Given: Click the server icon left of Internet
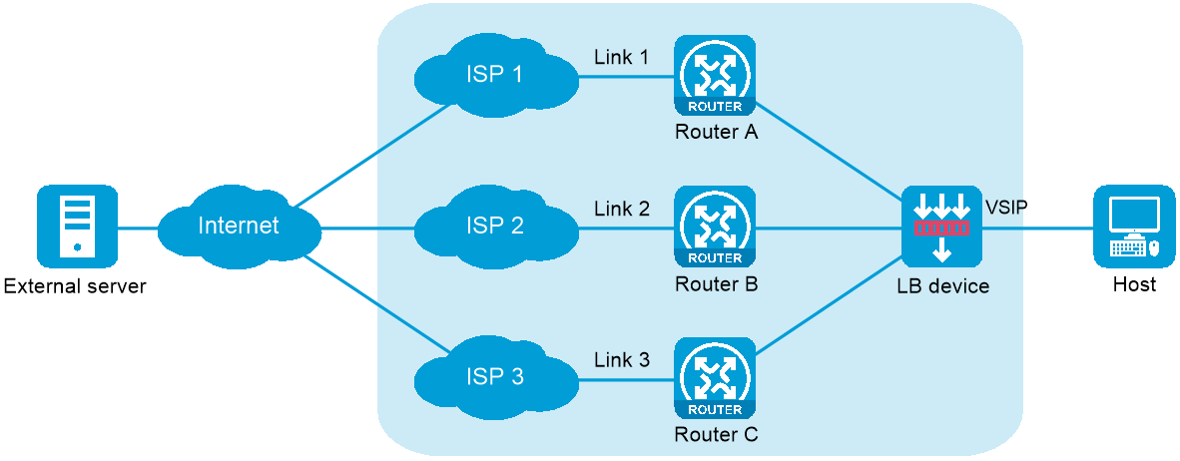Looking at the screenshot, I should pyautogui.click(x=77, y=227).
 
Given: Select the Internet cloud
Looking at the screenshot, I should pyautogui.click(x=240, y=227).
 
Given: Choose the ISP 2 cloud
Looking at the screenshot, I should pyautogui.click(x=495, y=227).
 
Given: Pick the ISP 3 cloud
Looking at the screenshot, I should pyautogui.click(x=495, y=378).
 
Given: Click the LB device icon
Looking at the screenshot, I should pyautogui.click(x=941, y=227).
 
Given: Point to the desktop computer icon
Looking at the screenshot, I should pyautogui.click(x=1133, y=227).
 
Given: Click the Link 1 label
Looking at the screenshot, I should pyautogui.click(x=622, y=57).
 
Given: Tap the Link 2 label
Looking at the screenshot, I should pyautogui.click(x=622, y=209).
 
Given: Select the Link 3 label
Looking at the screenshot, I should pyautogui.click(x=622, y=360).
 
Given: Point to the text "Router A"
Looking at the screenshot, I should pyautogui.click(x=716, y=133).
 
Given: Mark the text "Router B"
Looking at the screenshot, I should pyautogui.click(x=716, y=284).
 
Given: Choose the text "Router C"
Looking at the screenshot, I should pyautogui.click(x=716, y=435).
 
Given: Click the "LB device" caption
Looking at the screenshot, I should pyautogui.click(x=942, y=286).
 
